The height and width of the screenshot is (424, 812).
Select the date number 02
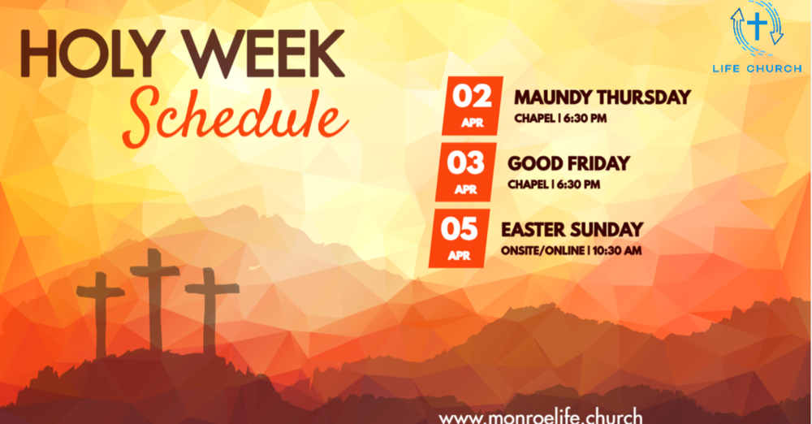click(472, 96)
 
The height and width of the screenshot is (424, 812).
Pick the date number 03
click(465, 162)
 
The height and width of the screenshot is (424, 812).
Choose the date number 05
click(459, 228)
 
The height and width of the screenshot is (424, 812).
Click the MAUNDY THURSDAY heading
click(603, 97)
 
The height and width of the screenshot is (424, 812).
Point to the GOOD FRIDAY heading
click(568, 163)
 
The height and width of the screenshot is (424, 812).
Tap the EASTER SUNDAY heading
click(572, 230)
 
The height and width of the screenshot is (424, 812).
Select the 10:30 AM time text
click(617, 250)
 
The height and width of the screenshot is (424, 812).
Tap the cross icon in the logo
click(757, 28)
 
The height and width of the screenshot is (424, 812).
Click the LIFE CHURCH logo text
click(757, 68)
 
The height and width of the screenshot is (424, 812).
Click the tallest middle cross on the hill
click(153, 292)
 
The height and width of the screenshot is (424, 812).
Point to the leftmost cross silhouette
click(101, 313)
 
